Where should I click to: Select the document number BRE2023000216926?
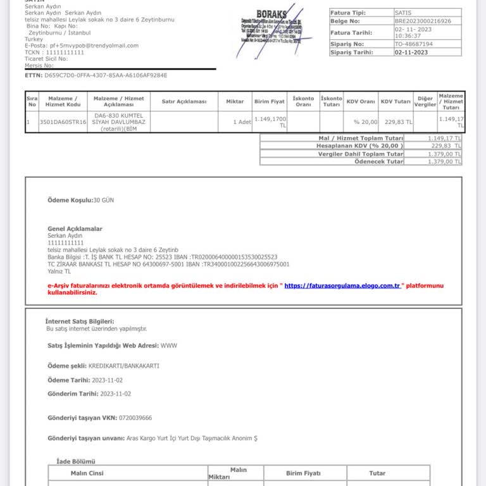point(423,21)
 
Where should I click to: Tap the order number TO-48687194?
point(413,44)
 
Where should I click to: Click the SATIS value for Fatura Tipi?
point(402,13)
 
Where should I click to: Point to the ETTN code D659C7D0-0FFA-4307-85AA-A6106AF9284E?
point(106,75)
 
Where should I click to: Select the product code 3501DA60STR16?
point(63,121)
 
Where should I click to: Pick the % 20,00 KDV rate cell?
point(365,121)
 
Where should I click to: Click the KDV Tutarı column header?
point(396,101)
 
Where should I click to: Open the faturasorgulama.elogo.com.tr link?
point(342,285)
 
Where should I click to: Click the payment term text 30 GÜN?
point(104,200)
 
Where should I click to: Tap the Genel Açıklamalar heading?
point(75,228)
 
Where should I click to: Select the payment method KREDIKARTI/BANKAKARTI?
point(123,365)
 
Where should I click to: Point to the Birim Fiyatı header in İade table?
point(303,473)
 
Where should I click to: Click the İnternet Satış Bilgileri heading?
point(80,321)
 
